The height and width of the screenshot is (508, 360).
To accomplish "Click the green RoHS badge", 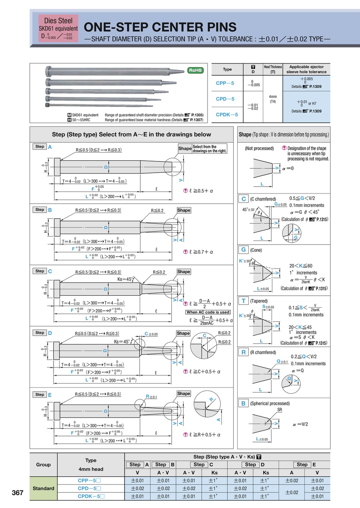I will (196, 70).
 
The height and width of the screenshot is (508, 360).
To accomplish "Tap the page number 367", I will (18, 493).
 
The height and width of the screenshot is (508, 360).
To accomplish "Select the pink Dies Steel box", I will (58, 28).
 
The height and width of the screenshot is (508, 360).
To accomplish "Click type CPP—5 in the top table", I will (225, 84).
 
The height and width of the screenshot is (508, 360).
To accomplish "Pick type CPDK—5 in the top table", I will (227, 115).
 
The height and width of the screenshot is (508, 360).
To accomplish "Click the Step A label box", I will (40, 147).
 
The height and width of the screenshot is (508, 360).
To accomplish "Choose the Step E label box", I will (40, 394).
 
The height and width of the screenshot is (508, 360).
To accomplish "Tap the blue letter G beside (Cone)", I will (243, 250).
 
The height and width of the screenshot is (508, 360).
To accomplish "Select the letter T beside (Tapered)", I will (243, 301).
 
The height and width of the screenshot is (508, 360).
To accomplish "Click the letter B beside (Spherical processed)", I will (243, 404).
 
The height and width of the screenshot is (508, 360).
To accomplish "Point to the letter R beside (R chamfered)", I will (243, 352).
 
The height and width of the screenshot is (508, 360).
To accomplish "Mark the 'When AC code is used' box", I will (208, 312).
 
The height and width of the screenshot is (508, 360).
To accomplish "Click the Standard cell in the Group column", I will (43, 488).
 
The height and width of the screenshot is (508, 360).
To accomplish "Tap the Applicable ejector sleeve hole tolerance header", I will (306, 69).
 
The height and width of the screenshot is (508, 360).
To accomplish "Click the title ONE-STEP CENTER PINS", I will (160, 27).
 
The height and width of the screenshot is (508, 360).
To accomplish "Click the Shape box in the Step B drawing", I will (184, 210).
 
